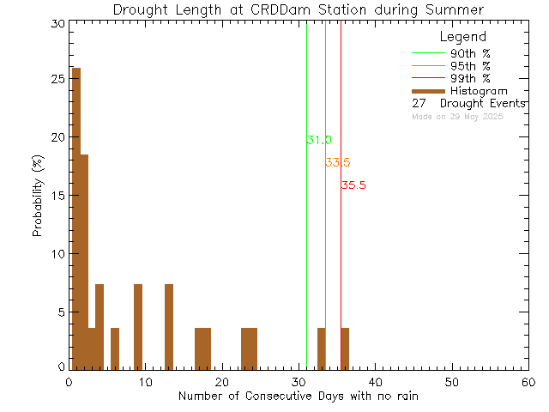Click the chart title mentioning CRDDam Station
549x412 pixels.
298,9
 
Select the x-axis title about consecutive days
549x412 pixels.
299,396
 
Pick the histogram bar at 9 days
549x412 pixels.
137,326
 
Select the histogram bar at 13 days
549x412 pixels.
168,326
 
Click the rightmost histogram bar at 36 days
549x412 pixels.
345,348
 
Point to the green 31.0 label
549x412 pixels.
318,140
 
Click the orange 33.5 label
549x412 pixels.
337,162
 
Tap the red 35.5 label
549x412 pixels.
353,185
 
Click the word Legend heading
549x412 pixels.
462,37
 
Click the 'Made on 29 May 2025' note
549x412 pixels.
457,116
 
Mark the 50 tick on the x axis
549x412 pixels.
452,382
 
